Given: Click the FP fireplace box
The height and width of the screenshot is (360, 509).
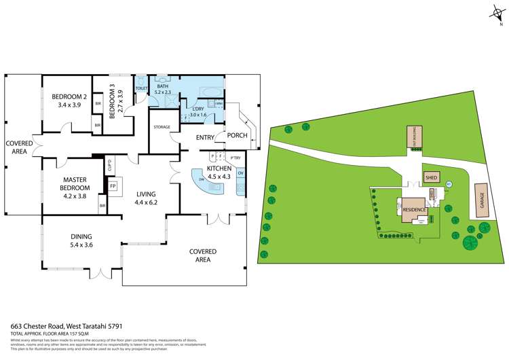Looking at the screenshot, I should click(113, 185).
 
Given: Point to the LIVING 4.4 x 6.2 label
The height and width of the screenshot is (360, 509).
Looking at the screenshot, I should click(146, 197).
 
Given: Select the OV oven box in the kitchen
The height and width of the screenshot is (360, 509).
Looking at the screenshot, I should click(241, 173).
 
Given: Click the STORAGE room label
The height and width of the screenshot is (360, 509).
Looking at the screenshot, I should click(162, 127).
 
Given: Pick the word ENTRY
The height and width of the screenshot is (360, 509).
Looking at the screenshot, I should click(205, 138).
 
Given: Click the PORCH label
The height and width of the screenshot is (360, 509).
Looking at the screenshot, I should click(237, 134).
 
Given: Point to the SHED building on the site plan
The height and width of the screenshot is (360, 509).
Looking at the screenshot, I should click(431, 178).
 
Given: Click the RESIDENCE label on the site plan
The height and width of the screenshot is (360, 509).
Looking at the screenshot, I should click(413, 210).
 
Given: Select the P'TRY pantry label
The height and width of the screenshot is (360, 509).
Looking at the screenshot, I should click(235, 158).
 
